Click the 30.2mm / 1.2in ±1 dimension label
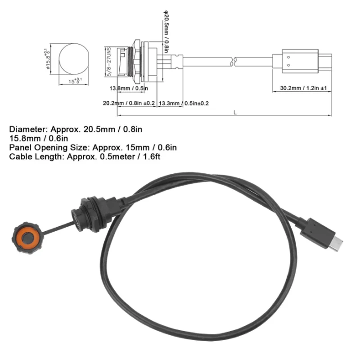302,89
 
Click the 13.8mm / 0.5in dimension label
129,89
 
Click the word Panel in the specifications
18,147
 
